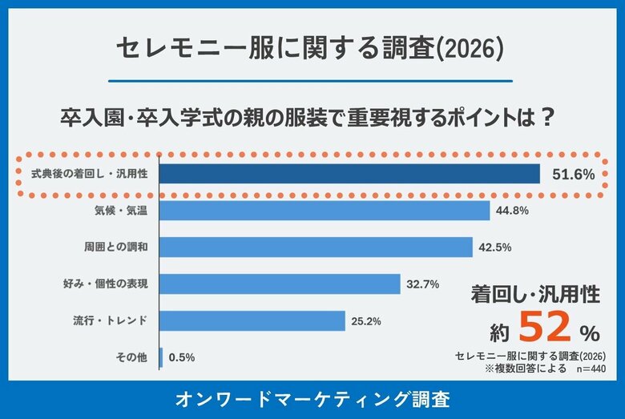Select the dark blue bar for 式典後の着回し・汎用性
(x=349, y=174)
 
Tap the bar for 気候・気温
(x=325, y=211)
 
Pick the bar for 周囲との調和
(x=316, y=248)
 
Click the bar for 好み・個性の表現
(x=280, y=284)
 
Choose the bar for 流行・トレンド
(x=252, y=321)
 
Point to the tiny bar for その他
(x=161, y=357)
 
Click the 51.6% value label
(x=573, y=175)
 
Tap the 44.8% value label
(x=513, y=211)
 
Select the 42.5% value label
(x=494, y=248)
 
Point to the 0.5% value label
(x=182, y=357)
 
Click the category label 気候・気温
(x=120, y=211)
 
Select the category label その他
(x=132, y=357)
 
